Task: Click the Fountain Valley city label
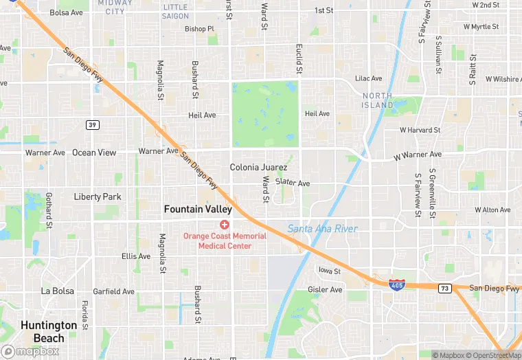pos(198,209)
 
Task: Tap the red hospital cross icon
pos(224,225)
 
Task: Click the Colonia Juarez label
pos(258,167)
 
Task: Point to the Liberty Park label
pos(97,196)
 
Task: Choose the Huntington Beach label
pos(49,331)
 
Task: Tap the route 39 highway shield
pos(91,124)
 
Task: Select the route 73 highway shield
pos(445,288)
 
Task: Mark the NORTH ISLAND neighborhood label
pos(378,100)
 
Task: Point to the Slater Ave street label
pos(293,183)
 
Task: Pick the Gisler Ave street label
pos(325,290)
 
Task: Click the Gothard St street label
pos(49,211)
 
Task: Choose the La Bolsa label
pos(57,291)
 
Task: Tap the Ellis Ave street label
pos(135,256)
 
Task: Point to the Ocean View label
pos(94,153)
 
